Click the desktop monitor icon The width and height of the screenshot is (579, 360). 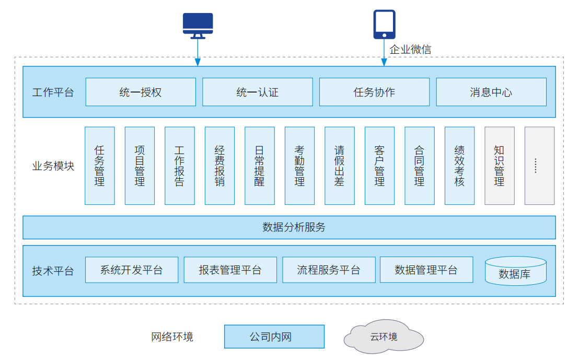pyautogui.click(x=198, y=25)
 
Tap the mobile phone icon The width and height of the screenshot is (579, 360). pyautogui.click(x=384, y=24)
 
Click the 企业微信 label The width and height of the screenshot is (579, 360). pyautogui.click(x=410, y=50)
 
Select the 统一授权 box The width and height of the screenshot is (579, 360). pyautogui.click(x=141, y=92)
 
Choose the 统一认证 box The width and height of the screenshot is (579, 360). pyautogui.click(x=258, y=92)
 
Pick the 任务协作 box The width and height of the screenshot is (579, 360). pyautogui.click(x=374, y=92)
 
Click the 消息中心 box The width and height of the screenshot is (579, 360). pyautogui.click(x=491, y=92)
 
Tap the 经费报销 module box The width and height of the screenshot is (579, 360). pyautogui.click(x=219, y=166)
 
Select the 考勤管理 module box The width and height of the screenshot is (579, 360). pyautogui.click(x=299, y=166)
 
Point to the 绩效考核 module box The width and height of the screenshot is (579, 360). pyautogui.click(x=459, y=166)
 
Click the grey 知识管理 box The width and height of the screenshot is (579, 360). pyautogui.click(x=500, y=166)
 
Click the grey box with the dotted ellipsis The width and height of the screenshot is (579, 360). pyautogui.click(x=539, y=166)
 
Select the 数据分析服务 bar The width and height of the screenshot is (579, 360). pyautogui.click(x=289, y=227)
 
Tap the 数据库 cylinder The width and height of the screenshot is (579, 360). pyautogui.click(x=516, y=271)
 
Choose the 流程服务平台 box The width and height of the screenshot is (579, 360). pyautogui.click(x=329, y=270)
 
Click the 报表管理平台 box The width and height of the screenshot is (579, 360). pyautogui.click(x=230, y=270)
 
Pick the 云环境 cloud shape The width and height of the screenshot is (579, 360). pyautogui.click(x=384, y=337)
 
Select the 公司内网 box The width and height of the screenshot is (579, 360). pyautogui.click(x=274, y=336)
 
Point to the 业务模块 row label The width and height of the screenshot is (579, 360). pyautogui.click(x=53, y=166)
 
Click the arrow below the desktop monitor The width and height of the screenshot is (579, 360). pyautogui.click(x=198, y=52)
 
